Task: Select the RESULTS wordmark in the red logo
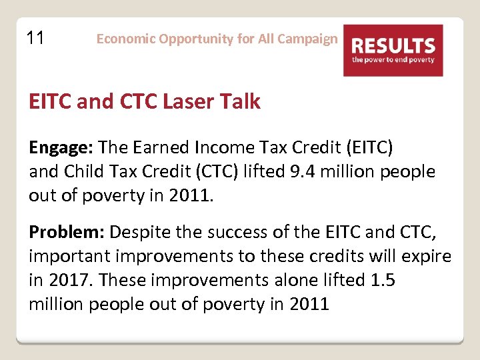(393, 46)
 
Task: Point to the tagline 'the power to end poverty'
(393, 59)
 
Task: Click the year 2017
(69, 280)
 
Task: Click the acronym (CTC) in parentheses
(225, 171)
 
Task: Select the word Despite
(139, 233)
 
